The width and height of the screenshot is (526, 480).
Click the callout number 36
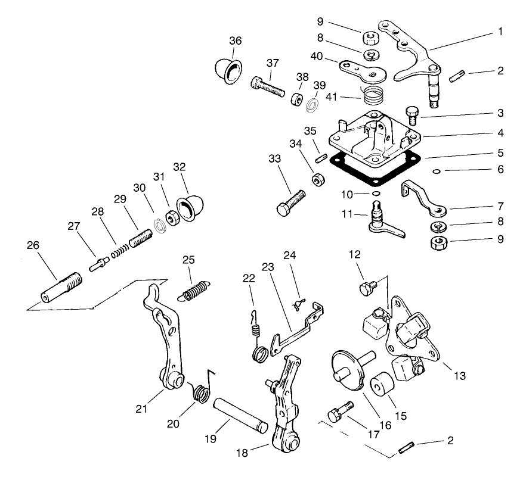236,40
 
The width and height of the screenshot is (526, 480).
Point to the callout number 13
459,376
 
